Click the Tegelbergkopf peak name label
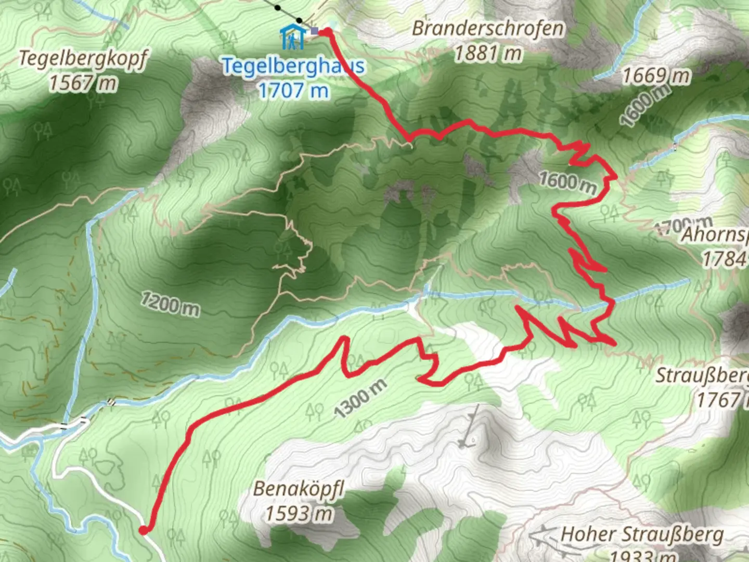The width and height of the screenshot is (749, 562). pos(83,59)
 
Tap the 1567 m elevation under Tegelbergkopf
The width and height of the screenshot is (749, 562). pos(83,83)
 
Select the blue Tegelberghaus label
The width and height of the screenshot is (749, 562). pos(293,66)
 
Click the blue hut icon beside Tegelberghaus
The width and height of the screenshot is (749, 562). pos(292,37)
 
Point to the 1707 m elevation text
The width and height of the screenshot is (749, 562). pos(293,91)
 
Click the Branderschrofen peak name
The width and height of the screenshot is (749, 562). pos(487,29)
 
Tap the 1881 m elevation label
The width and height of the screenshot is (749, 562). pos(487,53)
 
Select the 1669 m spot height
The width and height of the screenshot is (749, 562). pos(656,76)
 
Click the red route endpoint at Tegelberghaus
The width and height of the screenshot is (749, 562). pos(328,32)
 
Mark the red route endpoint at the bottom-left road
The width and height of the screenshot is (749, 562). pos(143,530)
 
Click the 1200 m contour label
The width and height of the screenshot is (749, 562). pos(170,304)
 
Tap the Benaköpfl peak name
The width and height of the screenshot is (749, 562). pos(299,489)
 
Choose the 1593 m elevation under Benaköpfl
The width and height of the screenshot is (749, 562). pos(299,514)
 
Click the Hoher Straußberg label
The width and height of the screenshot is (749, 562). pos(642,534)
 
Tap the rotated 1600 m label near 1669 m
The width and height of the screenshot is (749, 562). pos(644,106)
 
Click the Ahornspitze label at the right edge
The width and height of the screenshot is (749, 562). pos(715,235)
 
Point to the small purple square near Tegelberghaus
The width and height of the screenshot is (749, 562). pos(314,31)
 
